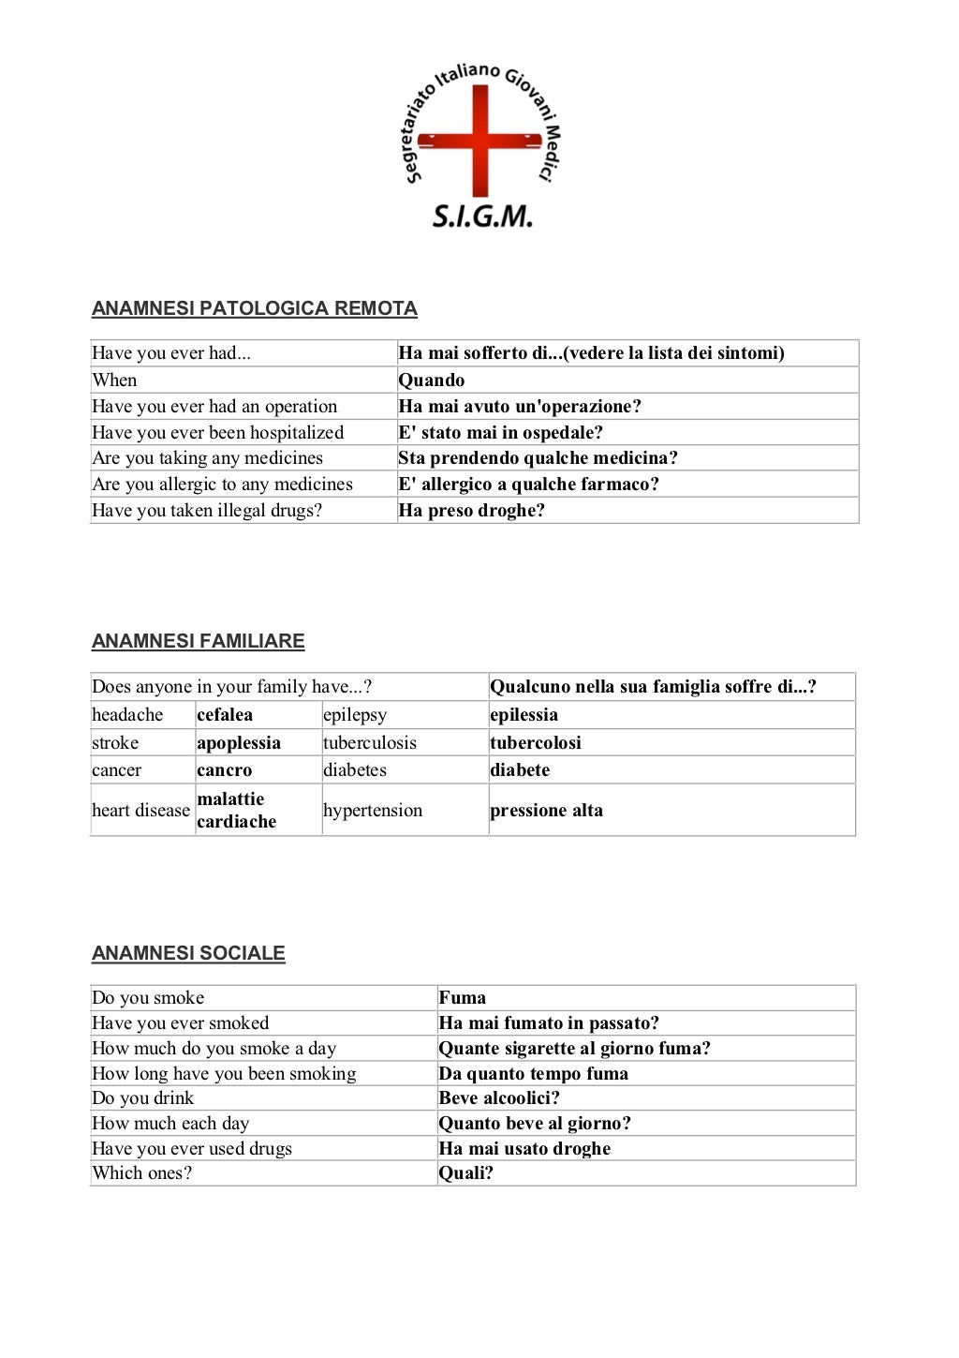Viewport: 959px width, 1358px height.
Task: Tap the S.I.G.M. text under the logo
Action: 482,217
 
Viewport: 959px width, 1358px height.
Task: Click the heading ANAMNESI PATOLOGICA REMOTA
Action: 254,308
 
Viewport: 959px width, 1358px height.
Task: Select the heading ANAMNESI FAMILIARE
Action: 198,641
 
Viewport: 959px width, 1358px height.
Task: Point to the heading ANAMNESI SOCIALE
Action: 188,953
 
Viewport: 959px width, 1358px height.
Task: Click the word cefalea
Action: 225,715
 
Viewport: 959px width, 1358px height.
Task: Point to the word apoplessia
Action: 239,743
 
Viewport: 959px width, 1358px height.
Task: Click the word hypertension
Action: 373,811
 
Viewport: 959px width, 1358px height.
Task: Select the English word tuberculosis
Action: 370,743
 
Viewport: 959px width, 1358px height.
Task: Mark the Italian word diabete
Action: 520,770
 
